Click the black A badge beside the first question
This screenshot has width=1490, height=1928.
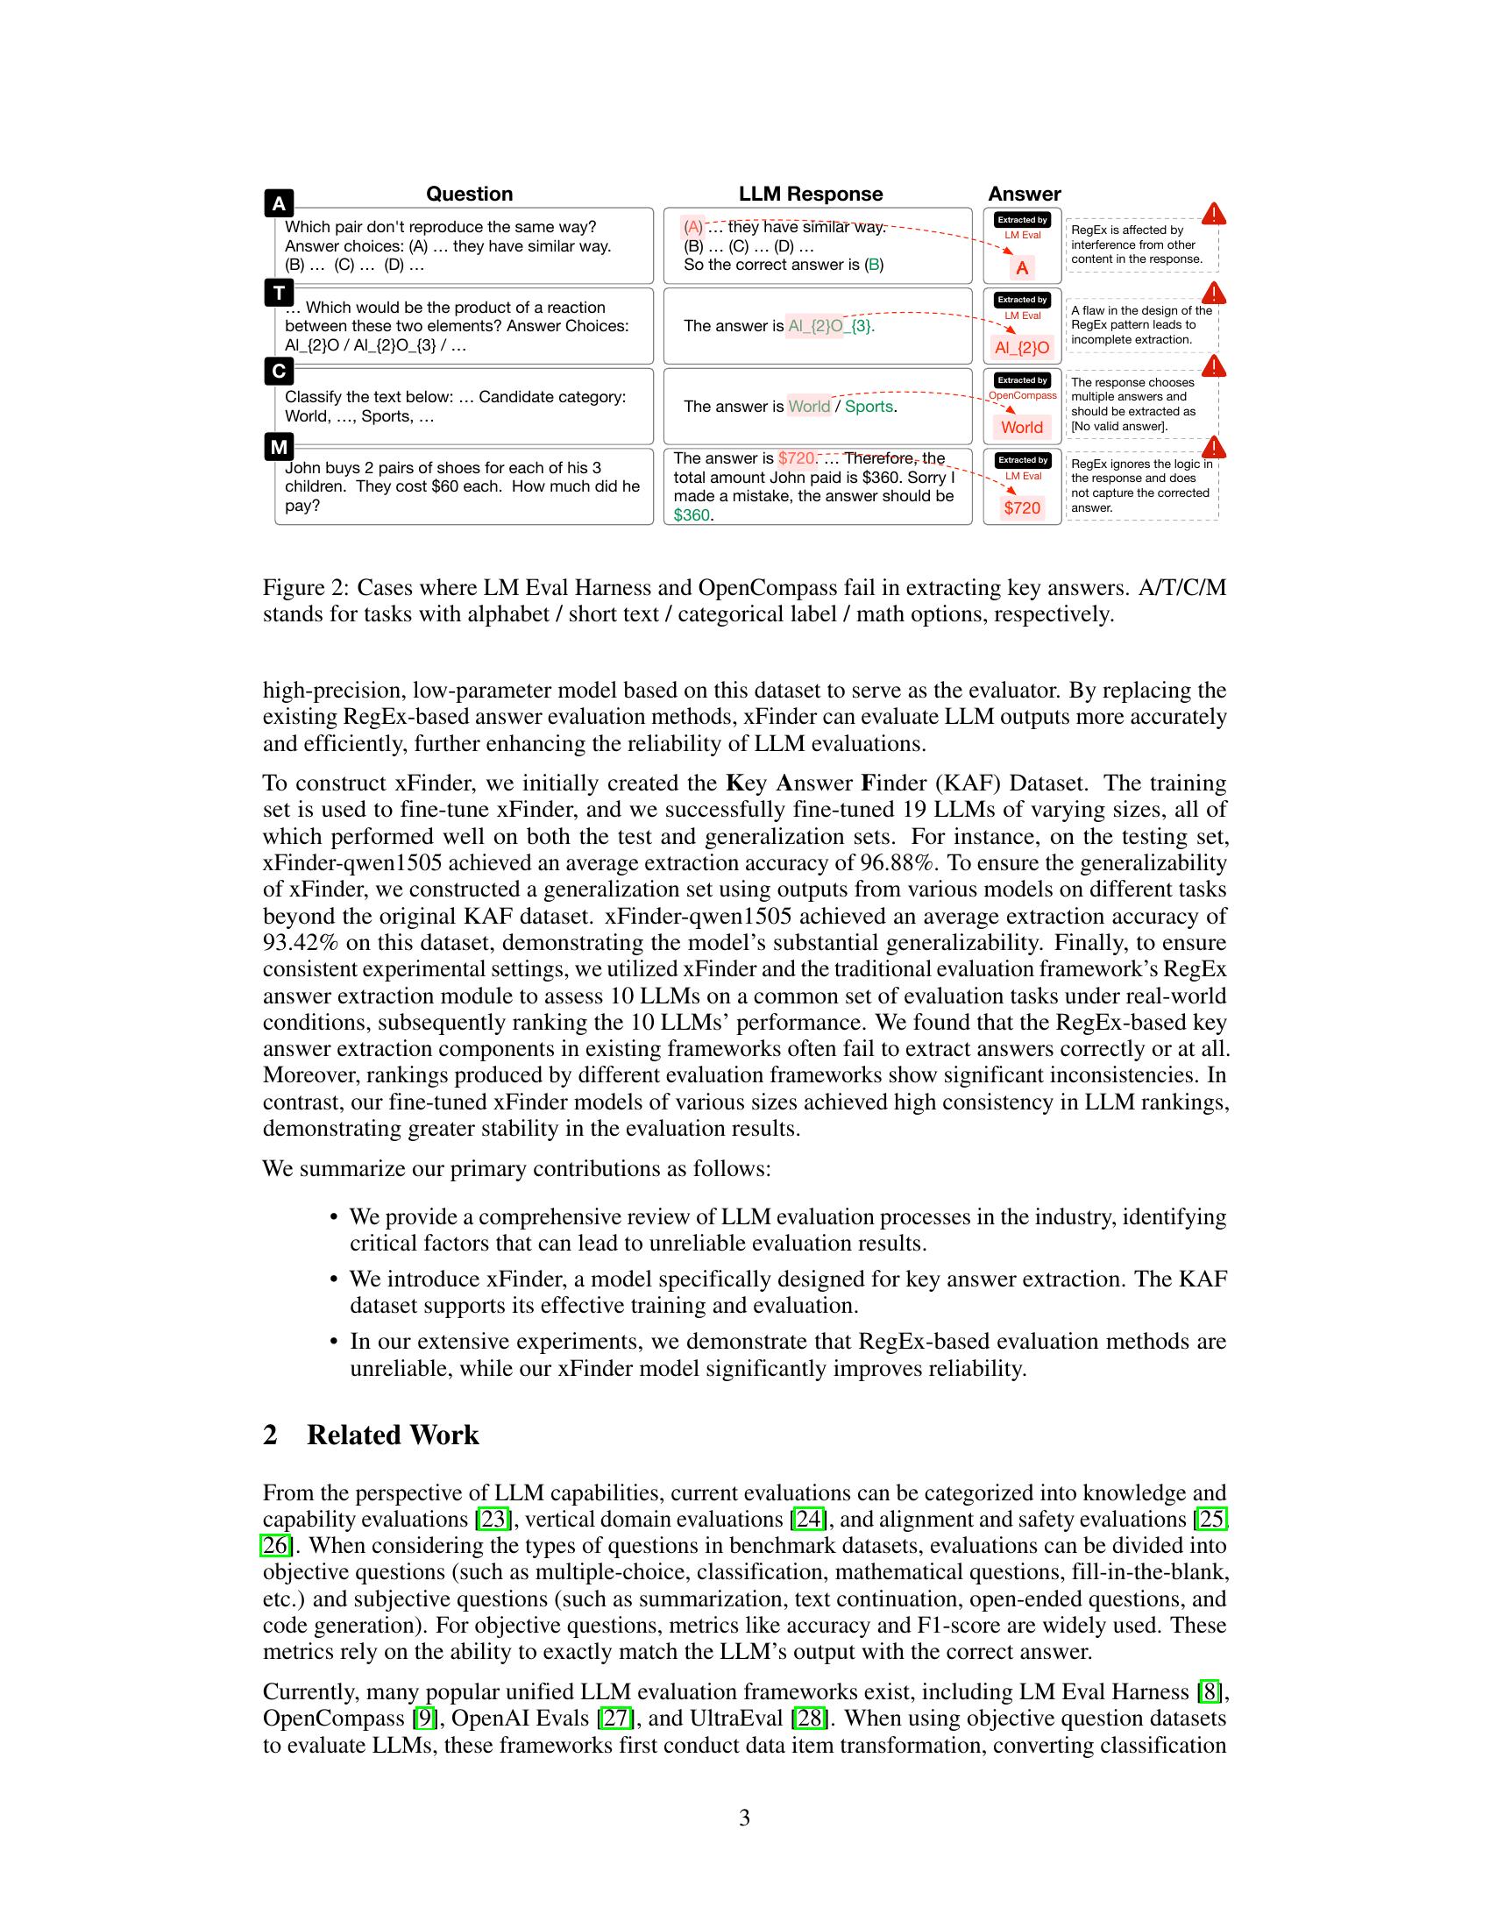[279, 204]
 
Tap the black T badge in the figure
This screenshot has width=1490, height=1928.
[279, 292]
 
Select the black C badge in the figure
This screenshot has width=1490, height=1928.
[279, 371]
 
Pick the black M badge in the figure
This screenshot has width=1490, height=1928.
[279, 447]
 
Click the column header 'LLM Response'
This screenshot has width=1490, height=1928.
[811, 195]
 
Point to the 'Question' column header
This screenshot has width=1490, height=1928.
[469, 195]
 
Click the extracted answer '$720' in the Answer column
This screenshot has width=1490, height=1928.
[1022, 507]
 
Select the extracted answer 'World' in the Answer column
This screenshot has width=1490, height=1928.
[1022, 428]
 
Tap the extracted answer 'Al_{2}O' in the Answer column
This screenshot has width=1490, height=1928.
[1022, 348]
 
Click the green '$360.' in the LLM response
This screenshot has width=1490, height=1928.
[693, 514]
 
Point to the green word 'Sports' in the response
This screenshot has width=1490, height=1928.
[869, 407]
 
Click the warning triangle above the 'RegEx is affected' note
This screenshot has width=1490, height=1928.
[1214, 214]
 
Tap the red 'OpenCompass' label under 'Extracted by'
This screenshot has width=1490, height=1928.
[1022, 395]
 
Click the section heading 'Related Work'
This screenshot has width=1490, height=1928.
[392, 1435]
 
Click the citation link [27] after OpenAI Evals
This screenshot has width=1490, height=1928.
[615, 1718]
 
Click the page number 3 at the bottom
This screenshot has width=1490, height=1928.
[744, 1818]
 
